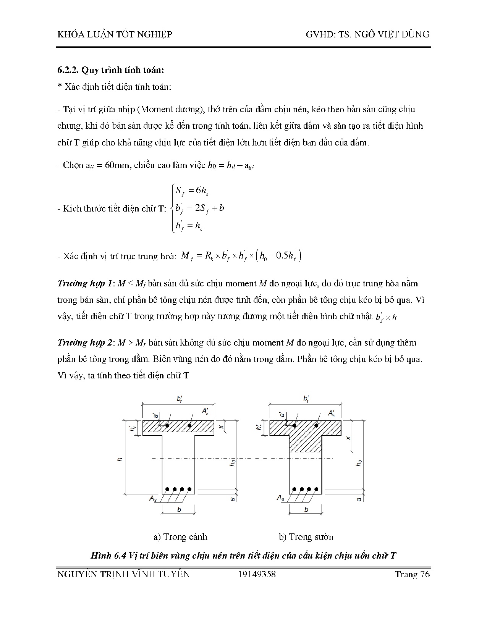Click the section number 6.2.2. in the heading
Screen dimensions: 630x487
68,70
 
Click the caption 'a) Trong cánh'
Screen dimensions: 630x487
180,537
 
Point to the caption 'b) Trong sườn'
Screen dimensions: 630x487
306,537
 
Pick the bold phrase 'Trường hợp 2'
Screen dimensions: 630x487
84,342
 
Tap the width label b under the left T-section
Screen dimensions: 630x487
179,510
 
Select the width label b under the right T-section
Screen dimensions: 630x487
306,510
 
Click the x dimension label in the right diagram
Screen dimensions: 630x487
348,438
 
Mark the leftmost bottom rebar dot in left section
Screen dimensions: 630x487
167,489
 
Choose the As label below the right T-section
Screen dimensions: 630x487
280,498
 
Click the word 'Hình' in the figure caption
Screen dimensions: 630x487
100,556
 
